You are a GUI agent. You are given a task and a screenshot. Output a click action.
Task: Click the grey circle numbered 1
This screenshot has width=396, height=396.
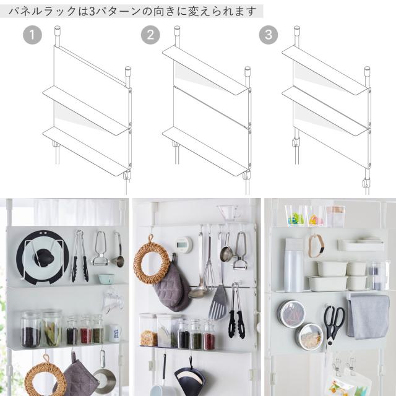(32, 35)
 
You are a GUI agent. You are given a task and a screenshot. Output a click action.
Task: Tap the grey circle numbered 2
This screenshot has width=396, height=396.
(150, 35)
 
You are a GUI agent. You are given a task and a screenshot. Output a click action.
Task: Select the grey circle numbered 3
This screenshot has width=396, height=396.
(269, 35)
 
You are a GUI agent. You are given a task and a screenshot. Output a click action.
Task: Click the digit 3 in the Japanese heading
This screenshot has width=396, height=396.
(92, 11)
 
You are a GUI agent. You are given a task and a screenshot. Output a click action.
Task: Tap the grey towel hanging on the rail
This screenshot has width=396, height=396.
(368, 316)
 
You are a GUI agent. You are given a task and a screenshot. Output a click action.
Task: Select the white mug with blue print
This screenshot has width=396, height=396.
(115, 334)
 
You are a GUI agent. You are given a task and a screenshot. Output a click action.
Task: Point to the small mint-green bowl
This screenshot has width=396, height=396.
(106, 279)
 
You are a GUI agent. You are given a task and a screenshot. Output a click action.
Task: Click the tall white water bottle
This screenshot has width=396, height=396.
(293, 265)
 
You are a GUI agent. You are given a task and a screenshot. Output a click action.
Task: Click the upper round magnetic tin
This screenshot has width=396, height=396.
(291, 312)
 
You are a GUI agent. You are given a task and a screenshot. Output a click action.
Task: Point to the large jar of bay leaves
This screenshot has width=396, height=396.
(52, 329)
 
